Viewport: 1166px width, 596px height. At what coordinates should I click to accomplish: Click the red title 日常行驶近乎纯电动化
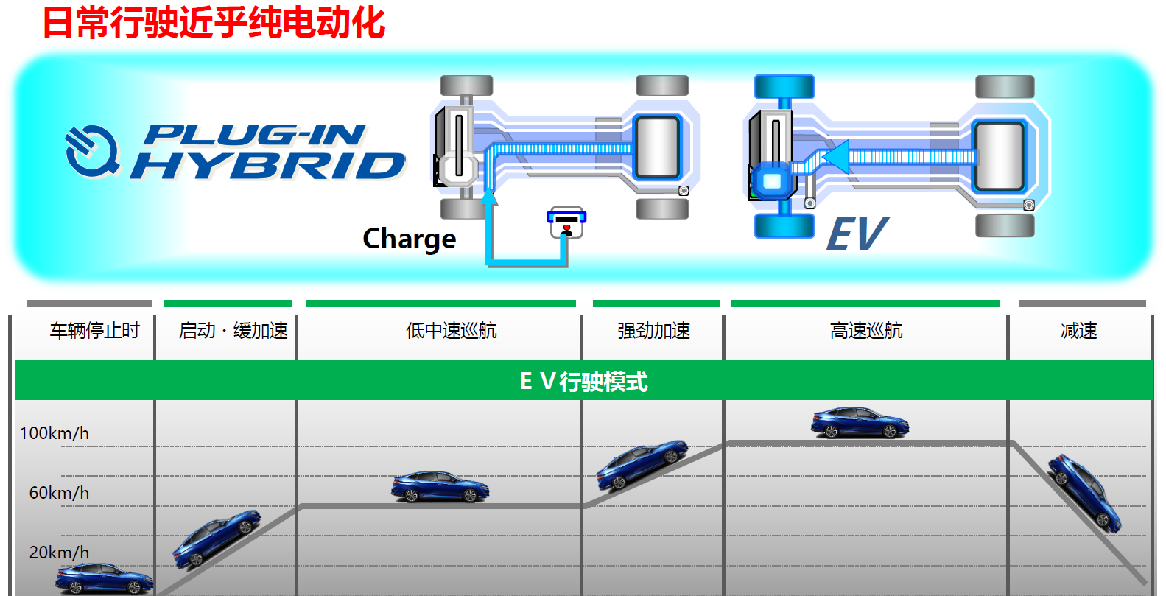214,22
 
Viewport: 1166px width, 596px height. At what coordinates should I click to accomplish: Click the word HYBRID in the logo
269,166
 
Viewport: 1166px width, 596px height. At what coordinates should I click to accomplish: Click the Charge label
410,239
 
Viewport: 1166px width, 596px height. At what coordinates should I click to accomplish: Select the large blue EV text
857,235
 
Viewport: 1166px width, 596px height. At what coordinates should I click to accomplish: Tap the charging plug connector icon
566,222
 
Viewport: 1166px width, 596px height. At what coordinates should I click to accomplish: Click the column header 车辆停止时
94,331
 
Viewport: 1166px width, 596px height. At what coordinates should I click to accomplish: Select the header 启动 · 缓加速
233,331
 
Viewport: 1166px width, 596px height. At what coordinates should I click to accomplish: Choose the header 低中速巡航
451,331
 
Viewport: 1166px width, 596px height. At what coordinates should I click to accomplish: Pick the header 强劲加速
653,331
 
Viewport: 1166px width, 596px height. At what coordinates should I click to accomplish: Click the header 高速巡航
866,331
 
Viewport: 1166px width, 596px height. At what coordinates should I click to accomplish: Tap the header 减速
1079,331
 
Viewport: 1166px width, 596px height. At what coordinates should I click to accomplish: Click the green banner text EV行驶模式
583,381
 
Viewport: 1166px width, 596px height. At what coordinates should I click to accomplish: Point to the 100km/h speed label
54,433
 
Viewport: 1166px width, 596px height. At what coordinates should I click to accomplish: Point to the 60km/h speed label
59,493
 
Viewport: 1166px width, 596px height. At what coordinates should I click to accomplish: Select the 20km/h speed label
59,553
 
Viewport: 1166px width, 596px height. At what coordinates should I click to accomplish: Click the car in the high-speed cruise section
860,423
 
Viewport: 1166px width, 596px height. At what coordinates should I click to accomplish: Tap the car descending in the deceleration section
1084,491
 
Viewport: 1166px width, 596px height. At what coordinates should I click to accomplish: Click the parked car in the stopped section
103,578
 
